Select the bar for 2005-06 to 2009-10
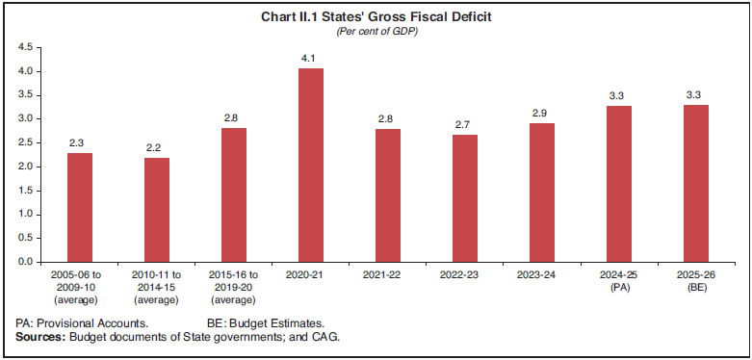(x=80, y=207)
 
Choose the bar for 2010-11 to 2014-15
(x=157, y=209)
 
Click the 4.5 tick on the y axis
(x=25, y=47)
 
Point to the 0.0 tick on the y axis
(x=25, y=262)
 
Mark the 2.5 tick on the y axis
(x=25, y=142)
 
